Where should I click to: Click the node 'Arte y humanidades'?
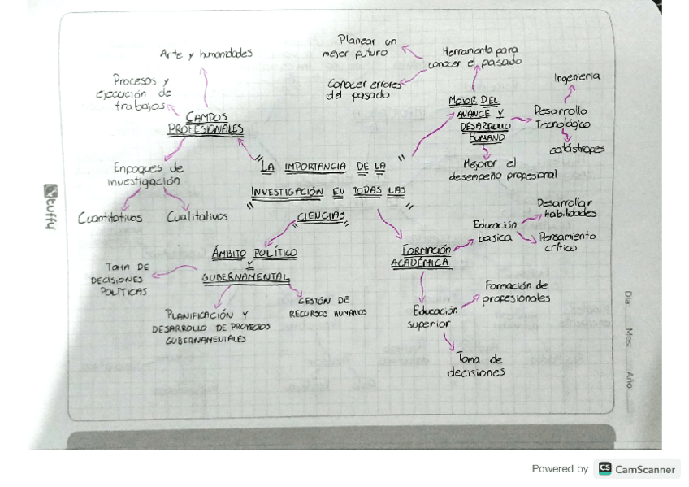tap(206, 54)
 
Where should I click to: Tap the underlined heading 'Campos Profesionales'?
tap(206, 124)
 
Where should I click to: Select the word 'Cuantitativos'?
tap(110, 217)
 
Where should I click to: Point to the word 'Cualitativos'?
tap(197, 217)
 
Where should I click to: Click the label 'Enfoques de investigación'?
tap(145, 175)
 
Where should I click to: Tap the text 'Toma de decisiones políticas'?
tap(119, 279)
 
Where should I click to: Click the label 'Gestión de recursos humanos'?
tap(327, 307)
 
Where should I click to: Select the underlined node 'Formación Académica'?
tap(422, 257)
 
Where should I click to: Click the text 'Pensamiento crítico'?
tap(567, 241)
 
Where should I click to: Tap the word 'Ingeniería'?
tap(578, 77)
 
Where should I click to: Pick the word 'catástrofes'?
tap(577, 150)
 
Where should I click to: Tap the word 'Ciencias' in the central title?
tap(321, 216)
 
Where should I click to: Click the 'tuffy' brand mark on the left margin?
tap(50, 207)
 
